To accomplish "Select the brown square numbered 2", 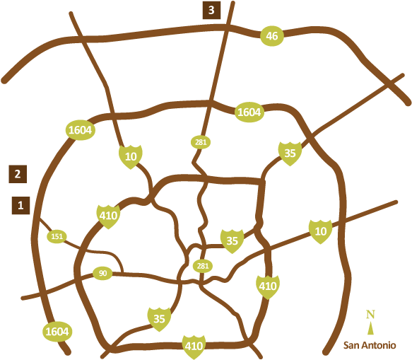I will [x=18, y=173].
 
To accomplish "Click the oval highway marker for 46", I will [x=272, y=37].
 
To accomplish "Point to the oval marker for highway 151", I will [x=57, y=236].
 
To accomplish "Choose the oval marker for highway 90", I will [x=102, y=273].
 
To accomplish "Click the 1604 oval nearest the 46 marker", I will [x=249, y=112].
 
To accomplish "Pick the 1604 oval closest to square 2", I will [x=80, y=130].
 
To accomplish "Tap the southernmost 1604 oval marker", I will [x=57, y=331].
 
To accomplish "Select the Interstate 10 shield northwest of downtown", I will [x=130, y=156].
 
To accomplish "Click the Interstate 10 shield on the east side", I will [x=320, y=231].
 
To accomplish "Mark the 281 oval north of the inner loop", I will [x=201, y=142].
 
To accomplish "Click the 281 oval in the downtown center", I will [x=203, y=266].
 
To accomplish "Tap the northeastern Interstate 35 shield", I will [x=290, y=153].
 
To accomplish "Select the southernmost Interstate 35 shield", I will [x=159, y=319].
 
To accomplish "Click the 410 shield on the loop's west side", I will [x=108, y=216].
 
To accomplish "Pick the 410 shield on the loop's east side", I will [x=267, y=286].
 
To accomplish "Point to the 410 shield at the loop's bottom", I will [x=194, y=346].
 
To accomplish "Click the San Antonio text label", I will [x=370, y=345].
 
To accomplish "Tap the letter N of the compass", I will [x=370, y=315].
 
